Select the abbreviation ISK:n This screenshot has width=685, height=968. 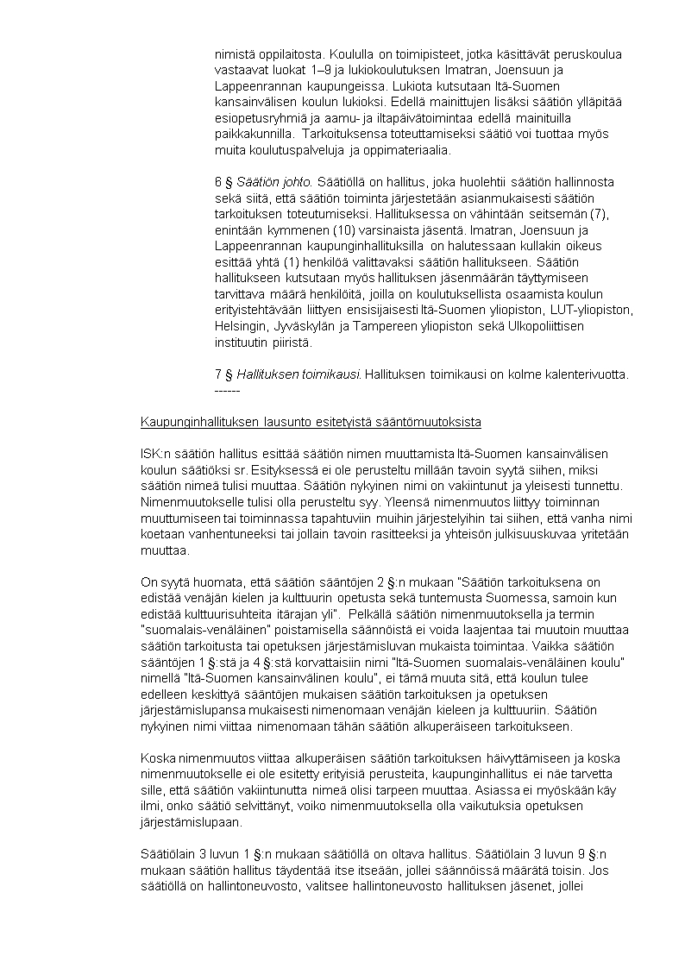156,454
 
